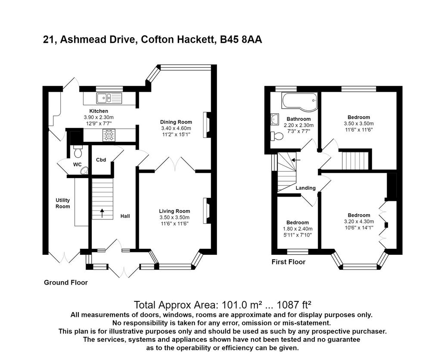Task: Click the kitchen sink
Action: (x=109, y=98)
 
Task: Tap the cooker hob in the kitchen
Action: (x=109, y=135)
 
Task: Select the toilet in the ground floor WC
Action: (x=78, y=152)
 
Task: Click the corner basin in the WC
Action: (x=84, y=171)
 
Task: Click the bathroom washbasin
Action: (x=274, y=119)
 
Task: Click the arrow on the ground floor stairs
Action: (x=102, y=213)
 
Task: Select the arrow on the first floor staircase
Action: (x=296, y=160)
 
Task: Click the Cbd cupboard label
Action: (x=101, y=160)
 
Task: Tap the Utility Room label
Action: (x=62, y=203)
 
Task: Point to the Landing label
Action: (x=305, y=188)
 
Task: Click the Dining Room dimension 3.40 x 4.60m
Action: (x=176, y=128)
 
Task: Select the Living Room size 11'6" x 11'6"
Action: (x=174, y=224)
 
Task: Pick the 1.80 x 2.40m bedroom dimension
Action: (x=298, y=229)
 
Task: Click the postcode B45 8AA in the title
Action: (x=241, y=39)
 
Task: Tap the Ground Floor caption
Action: (x=66, y=282)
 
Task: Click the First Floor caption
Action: (x=289, y=262)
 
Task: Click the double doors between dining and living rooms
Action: (x=175, y=165)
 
